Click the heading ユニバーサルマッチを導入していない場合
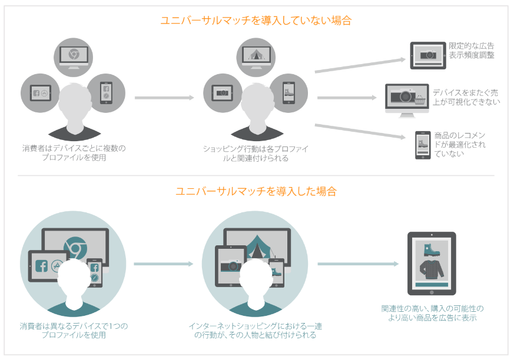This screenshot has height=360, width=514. pos(256,21)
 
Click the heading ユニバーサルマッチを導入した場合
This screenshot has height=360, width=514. pos(256,191)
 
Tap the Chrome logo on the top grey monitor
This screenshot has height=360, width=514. pos(74,54)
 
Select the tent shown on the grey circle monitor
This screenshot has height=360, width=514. pos(257,54)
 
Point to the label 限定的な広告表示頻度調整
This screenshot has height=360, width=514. pos(471,51)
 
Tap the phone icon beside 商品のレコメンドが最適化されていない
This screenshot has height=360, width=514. pos(421,145)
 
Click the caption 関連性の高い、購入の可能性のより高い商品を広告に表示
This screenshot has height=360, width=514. pos(432,312)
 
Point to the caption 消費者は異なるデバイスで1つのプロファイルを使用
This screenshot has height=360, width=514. pos(74,330)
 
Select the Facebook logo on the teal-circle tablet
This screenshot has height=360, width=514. pos(41,265)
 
